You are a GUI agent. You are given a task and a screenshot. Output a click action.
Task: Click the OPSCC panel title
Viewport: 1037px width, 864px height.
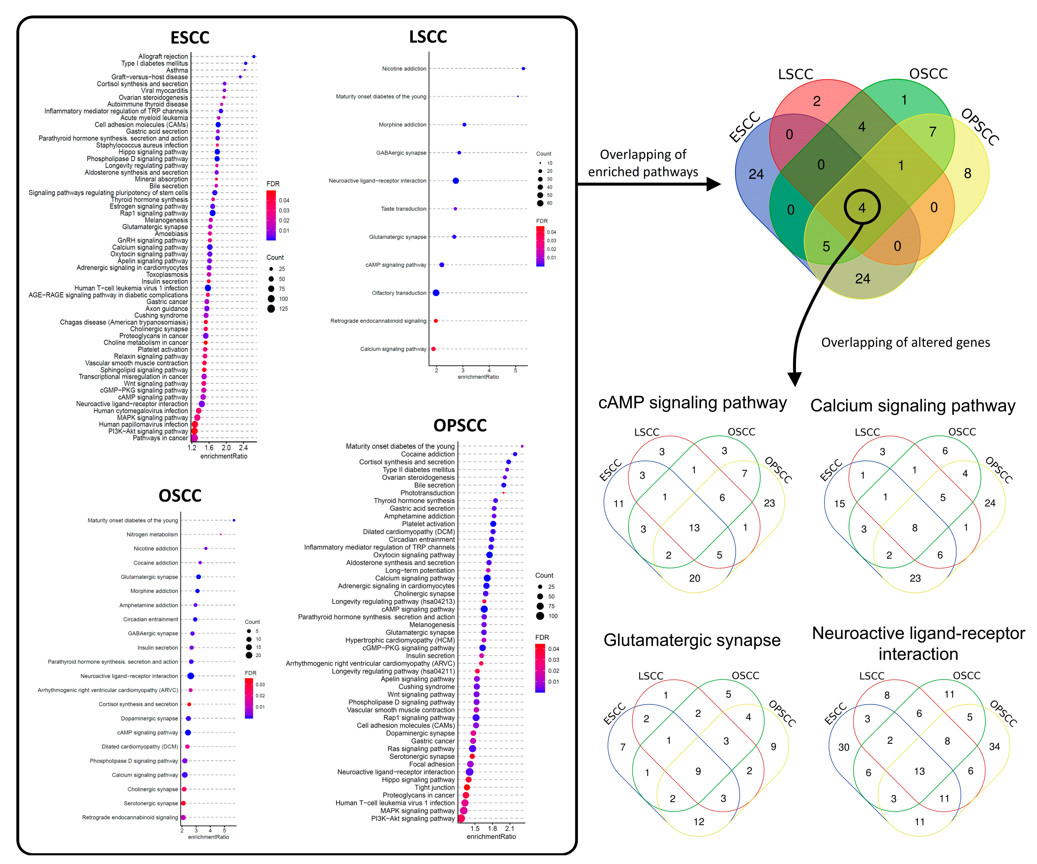[460, 425]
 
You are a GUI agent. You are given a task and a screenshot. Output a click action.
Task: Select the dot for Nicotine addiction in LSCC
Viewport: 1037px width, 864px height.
[523, 69]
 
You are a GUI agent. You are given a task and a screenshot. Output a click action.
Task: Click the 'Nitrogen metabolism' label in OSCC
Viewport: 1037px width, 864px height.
[152, 534]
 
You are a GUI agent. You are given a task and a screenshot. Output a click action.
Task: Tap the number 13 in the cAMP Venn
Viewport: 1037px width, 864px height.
[694, 528]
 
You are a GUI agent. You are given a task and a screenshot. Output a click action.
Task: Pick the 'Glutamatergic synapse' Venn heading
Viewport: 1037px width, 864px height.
[692, 640]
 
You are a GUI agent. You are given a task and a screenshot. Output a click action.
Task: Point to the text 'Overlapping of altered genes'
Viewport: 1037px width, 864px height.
[905, 342]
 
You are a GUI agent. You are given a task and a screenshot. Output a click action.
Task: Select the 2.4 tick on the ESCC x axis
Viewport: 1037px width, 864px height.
[243, 447]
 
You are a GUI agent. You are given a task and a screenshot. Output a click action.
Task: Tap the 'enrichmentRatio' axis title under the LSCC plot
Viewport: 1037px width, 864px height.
[478, 377]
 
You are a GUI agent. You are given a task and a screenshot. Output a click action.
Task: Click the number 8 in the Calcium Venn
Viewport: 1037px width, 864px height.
[915, 528]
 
